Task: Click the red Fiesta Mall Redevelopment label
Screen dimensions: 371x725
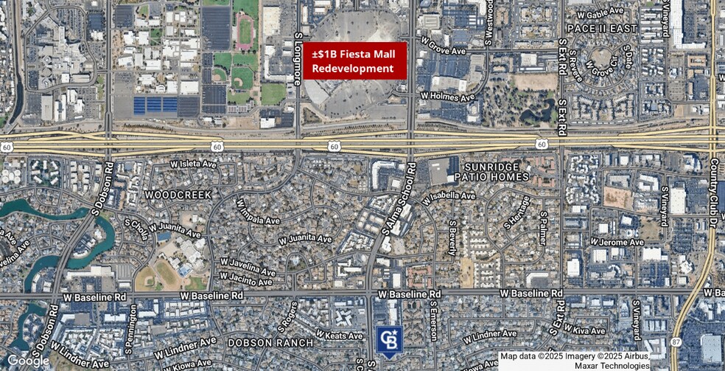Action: [353, 60]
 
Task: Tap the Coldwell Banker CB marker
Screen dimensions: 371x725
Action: [388, 340]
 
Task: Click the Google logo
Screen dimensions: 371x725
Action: [28, 361]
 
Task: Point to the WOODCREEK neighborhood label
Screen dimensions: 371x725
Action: [178, 195]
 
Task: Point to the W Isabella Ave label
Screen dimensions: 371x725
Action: [449, 197]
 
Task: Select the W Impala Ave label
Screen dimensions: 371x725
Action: [258, 211]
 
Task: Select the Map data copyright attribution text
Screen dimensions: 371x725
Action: [575, 361]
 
